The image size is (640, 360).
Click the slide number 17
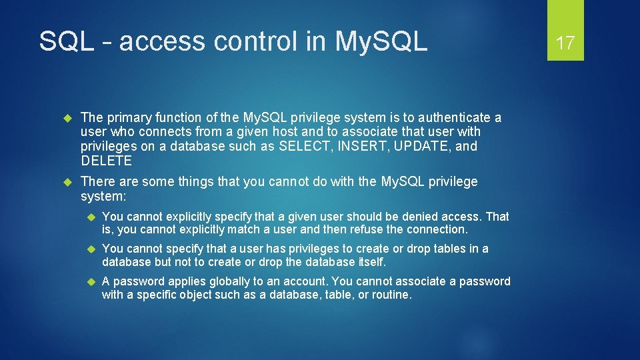tap(565, 43)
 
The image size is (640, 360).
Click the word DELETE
tap(107, 161)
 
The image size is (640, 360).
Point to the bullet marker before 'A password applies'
tap(92, 281)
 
